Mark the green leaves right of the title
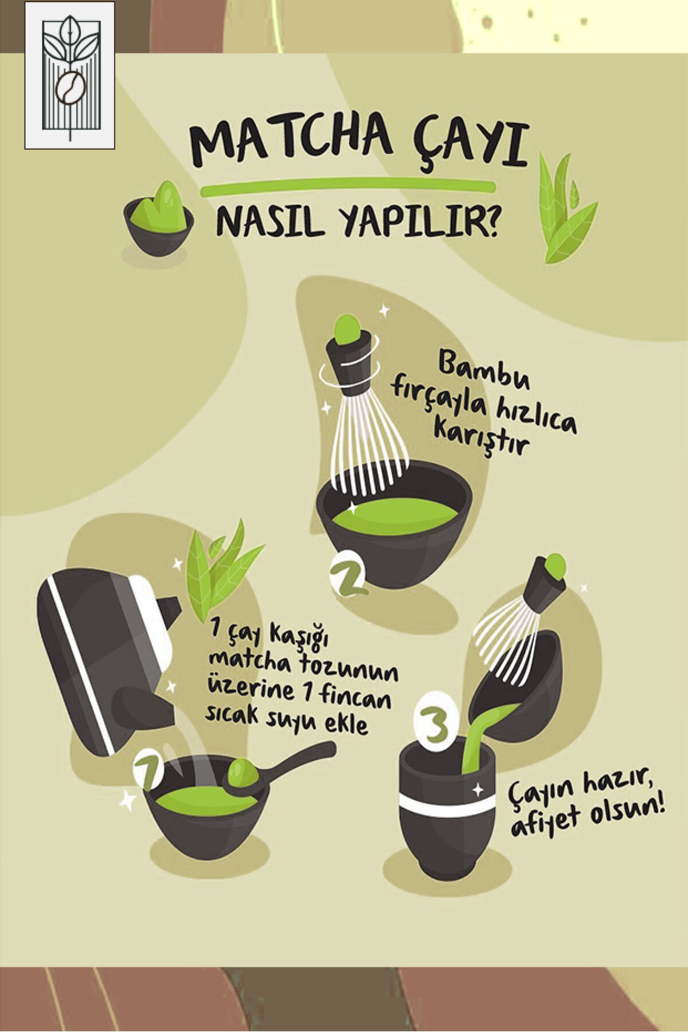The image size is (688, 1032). (567, 206)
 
